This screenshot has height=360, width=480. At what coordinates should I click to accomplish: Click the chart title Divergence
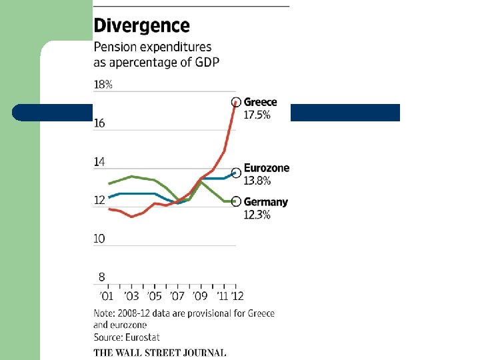tap(141, 26)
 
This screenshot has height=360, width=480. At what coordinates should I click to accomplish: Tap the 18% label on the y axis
tap(103, 85)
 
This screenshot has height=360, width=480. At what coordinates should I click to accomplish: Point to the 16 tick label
tap(99, 123)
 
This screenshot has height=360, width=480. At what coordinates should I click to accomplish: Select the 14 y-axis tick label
tap(99, 162)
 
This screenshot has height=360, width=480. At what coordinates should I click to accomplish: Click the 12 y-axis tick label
tap(99, 200)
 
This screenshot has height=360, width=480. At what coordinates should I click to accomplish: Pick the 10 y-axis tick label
tap(99, 239)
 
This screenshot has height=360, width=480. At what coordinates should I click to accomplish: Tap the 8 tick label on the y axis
tap(101, 277)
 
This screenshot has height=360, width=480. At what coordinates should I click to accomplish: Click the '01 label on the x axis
tap(106, 295)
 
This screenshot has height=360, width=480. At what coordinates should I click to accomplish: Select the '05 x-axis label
tap(154, 295)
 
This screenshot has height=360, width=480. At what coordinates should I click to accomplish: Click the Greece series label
tap(260, 103)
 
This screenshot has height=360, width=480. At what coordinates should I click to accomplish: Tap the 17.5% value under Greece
tap(257, 115)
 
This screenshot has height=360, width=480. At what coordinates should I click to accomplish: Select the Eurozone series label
tap(267, 168)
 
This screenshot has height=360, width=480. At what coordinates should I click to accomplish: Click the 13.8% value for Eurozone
tap(257, 181)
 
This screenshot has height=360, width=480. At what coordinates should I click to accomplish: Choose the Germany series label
tap(266, 202)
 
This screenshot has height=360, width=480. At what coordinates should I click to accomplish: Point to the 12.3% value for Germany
tap(257, 215)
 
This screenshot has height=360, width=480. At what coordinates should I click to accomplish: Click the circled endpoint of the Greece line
tap(235, 102)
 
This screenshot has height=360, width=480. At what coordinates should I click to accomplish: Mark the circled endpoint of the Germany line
tap(235, 201)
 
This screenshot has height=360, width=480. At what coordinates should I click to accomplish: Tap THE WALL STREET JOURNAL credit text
tap(159, 353)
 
